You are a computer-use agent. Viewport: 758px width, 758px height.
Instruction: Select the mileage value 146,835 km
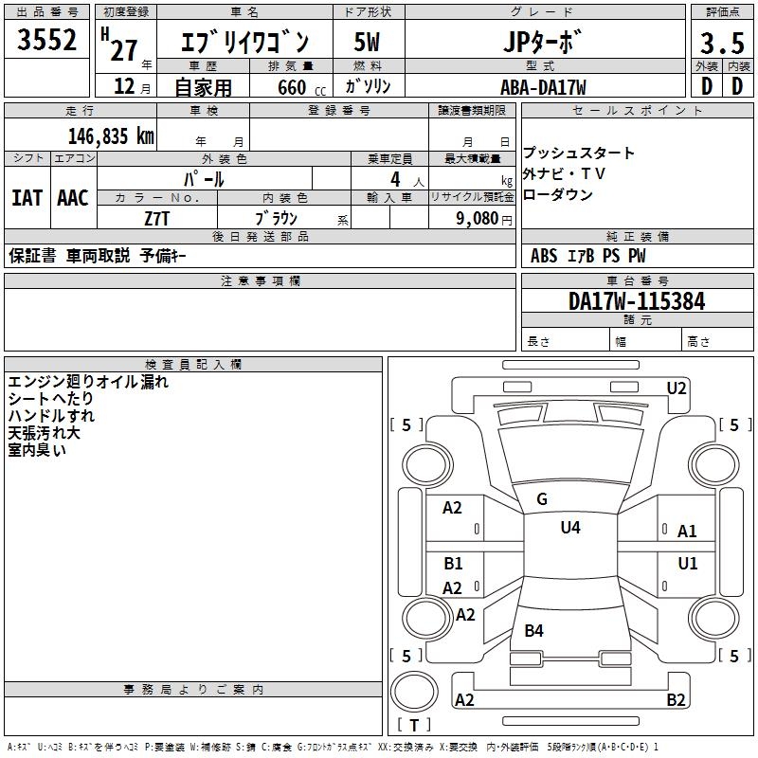[111, 135]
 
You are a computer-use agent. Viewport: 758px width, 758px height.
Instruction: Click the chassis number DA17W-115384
[637, 301]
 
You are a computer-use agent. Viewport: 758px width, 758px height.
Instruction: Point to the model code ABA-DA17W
[543, 87]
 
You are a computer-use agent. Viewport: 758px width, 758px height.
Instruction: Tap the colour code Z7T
[157, 217]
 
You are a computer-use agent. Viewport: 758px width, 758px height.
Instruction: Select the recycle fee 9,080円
[483, 217]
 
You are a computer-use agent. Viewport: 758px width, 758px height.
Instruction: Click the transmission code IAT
[27, 198]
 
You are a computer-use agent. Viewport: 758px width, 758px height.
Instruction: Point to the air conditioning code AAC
[73, 198]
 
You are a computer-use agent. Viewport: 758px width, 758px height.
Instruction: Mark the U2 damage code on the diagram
[676, 388]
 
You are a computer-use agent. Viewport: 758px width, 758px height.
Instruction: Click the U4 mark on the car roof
[570, 527]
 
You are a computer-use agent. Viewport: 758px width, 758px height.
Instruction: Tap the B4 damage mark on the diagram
[534, 630]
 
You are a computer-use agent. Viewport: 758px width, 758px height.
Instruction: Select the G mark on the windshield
[542, 499]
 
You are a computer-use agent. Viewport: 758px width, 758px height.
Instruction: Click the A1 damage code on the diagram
[687, 532]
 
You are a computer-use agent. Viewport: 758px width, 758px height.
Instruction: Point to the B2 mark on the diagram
[676, 700]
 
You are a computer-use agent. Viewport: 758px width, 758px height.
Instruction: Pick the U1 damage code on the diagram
[687, 564]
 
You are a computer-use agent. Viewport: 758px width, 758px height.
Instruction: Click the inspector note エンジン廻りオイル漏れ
[88, 382]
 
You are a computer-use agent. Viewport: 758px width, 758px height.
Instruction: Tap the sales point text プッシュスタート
[579, 153]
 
